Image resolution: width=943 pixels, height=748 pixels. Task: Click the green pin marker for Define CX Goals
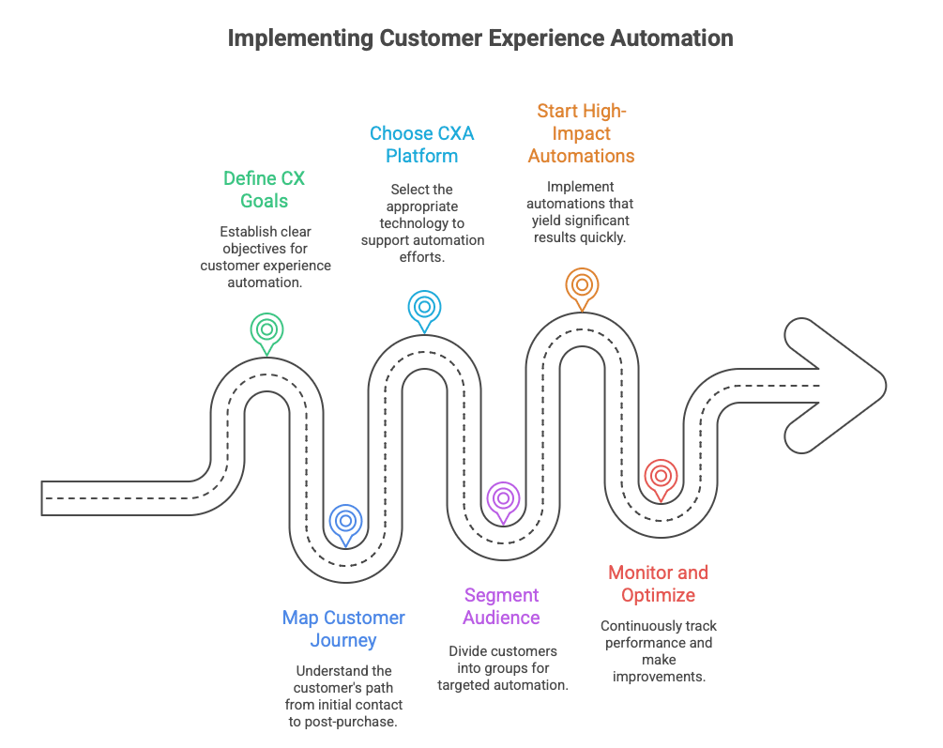266,329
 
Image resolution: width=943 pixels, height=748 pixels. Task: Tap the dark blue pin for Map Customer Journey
345,520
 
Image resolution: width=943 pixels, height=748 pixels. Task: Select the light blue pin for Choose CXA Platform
424,307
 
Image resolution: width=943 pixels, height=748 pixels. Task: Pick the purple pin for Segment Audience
503,498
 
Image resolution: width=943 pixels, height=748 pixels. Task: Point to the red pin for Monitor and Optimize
661,476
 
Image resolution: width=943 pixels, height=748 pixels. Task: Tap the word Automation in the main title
672,38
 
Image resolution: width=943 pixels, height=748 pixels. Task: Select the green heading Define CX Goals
264,189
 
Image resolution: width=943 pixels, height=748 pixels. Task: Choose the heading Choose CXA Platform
421,144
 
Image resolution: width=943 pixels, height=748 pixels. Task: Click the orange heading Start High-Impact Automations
581,133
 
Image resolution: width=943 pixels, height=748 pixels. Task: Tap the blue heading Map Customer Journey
343,629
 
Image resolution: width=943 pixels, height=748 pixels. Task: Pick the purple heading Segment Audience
501,606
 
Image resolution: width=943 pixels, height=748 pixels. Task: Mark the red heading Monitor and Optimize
658,584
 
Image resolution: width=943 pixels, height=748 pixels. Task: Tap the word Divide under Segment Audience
467,650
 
